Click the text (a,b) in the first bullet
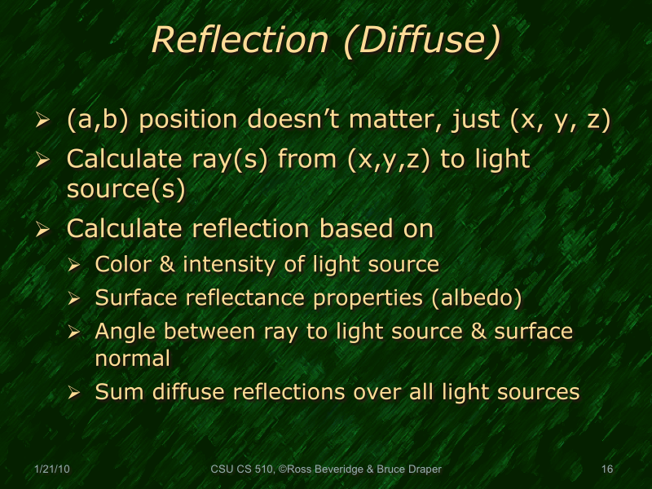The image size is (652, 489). [96, 121]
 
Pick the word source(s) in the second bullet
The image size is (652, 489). [126, 188]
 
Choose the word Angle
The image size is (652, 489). [121, 333]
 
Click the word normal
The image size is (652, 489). [133, 358]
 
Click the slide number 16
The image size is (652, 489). [606, 469]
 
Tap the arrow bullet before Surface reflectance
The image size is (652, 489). [74, 299]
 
